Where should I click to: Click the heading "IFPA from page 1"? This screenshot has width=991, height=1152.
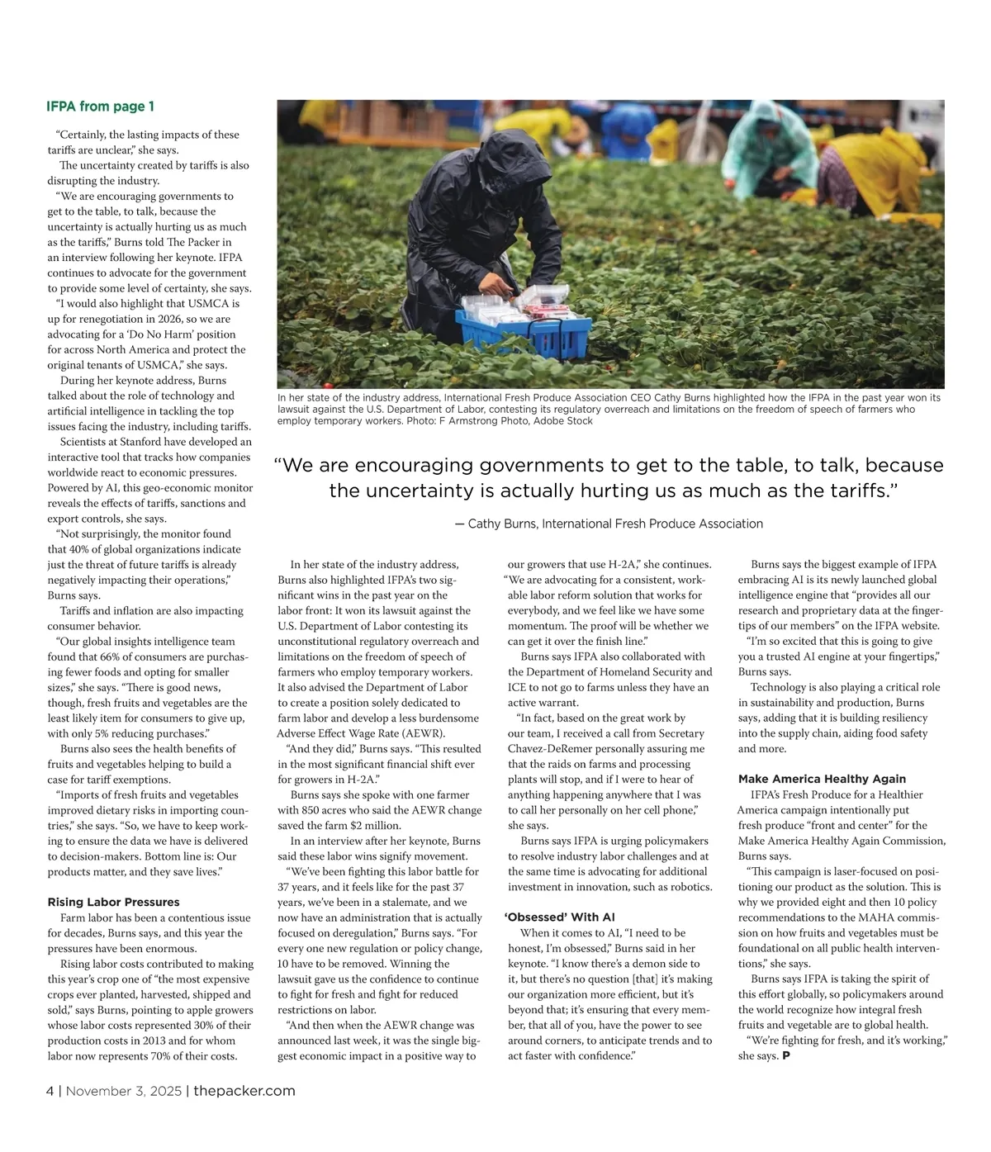point(100,107)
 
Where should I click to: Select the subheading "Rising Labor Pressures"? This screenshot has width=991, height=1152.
point(113,902)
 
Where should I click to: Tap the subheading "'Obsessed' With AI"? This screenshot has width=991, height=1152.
point(559,917)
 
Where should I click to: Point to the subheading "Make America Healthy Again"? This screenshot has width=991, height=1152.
point(822,779)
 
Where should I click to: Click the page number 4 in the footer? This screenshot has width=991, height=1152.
point(50,1091)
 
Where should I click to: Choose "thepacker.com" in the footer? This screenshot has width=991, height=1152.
point(244,1091)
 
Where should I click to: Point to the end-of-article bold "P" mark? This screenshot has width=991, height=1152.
point(785,1056)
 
